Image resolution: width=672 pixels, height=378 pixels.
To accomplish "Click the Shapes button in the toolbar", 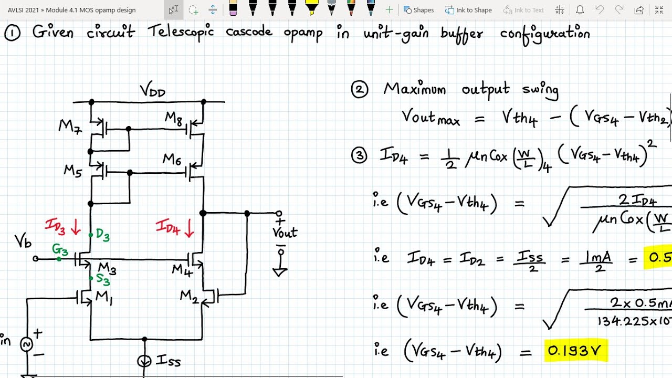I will click(x=418, y=10).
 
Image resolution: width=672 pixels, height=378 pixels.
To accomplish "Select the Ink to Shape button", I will click(x=468, y=10).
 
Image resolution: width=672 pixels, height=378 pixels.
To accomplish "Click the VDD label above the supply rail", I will click(x=152, y=91).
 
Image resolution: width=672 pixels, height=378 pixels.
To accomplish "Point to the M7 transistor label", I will click(x=70, y=127).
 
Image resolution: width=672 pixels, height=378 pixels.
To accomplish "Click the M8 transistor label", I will click(x=174, y=119).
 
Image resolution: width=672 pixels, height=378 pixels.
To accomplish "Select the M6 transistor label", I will click(x=172, y=159).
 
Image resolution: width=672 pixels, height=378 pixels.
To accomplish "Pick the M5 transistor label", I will click(x=73, y=171).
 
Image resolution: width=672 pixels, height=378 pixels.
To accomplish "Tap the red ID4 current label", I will click(x=168, y=227).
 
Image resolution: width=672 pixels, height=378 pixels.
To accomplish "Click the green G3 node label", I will click(x=59, y=249).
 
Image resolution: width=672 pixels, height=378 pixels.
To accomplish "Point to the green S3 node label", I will click(x=102, y=280).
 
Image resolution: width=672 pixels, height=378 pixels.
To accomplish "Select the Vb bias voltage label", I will click(x=23, y=241).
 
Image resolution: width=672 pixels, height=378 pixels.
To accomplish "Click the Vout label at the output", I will click(x=285, y=232).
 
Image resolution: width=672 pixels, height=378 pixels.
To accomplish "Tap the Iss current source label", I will click(x=168, y=362).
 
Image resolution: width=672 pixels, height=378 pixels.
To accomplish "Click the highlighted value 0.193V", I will click(x=575, y=350).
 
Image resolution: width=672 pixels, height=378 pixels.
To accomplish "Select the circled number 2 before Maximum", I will click(x=360, y=90).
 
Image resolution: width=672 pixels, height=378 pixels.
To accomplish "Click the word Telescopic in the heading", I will click(x=181, y=33).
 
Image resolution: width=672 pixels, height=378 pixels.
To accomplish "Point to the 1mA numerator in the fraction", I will click(x=598, y=257).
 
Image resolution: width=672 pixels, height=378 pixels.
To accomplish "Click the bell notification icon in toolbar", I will click(x=580, y=10).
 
